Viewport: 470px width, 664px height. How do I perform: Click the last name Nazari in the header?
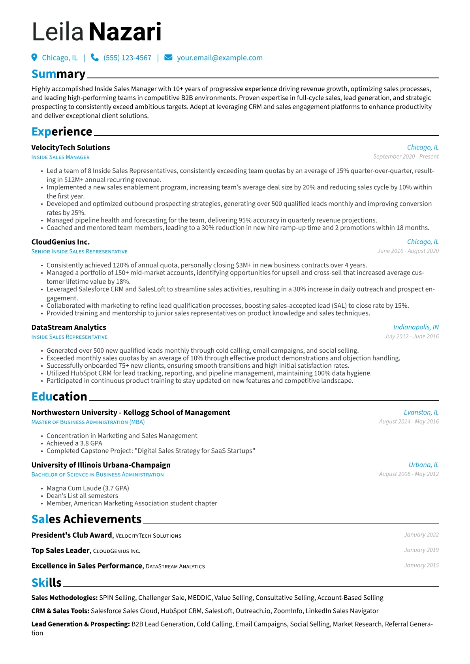(125, 32)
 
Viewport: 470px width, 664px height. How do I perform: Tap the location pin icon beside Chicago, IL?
(34, 58)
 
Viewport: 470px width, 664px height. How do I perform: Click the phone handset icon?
(94, 58)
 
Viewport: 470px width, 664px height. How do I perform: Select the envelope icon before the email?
(168, 58)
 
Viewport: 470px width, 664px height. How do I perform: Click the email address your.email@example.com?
(220, 58)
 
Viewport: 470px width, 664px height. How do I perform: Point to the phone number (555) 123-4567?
(127, 58)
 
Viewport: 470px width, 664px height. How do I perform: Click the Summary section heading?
(58, 74)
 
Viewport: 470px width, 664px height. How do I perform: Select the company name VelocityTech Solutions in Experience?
(71, 148)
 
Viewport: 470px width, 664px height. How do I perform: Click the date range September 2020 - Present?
(406, 157)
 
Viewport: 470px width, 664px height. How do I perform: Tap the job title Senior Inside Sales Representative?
(79, 251)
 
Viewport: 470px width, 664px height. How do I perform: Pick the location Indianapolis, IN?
(416, 327)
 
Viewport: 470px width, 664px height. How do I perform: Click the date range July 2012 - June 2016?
(412, 336)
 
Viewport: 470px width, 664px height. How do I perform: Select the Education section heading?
(59, 396)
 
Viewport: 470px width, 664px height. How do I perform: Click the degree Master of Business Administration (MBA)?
(88, 422)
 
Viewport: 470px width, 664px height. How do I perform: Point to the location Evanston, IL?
(421, 412)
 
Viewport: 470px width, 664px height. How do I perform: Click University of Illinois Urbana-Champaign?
(101, 465)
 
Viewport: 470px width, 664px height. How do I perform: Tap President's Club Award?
(72, 535)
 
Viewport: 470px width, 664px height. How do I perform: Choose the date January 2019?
(421, 550)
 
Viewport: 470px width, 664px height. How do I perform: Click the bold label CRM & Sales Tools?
(60, 611)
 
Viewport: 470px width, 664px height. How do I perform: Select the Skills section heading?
(47, 582)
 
